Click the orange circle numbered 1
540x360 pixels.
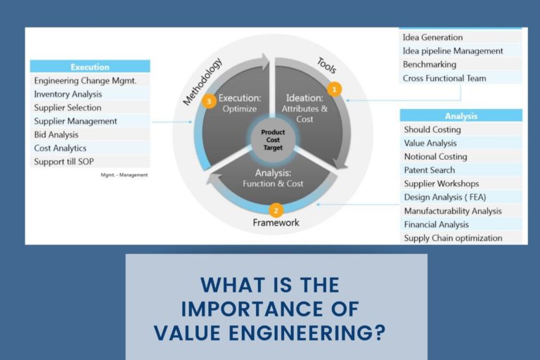335,89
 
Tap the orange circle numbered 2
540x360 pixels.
276,210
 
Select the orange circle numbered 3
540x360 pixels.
208,102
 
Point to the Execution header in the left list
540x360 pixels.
90,67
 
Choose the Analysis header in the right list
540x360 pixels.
461,116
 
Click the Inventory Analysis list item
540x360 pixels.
68,94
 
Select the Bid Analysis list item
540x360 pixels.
56,134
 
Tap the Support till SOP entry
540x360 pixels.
64,162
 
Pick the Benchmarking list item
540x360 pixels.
429,64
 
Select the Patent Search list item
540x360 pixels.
429,170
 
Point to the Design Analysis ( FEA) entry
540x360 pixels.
444,197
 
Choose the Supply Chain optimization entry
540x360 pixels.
453,238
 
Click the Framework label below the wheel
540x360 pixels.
276,223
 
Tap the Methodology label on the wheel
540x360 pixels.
202,82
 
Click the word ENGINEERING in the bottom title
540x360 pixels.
310,331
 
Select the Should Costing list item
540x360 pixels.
432,129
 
